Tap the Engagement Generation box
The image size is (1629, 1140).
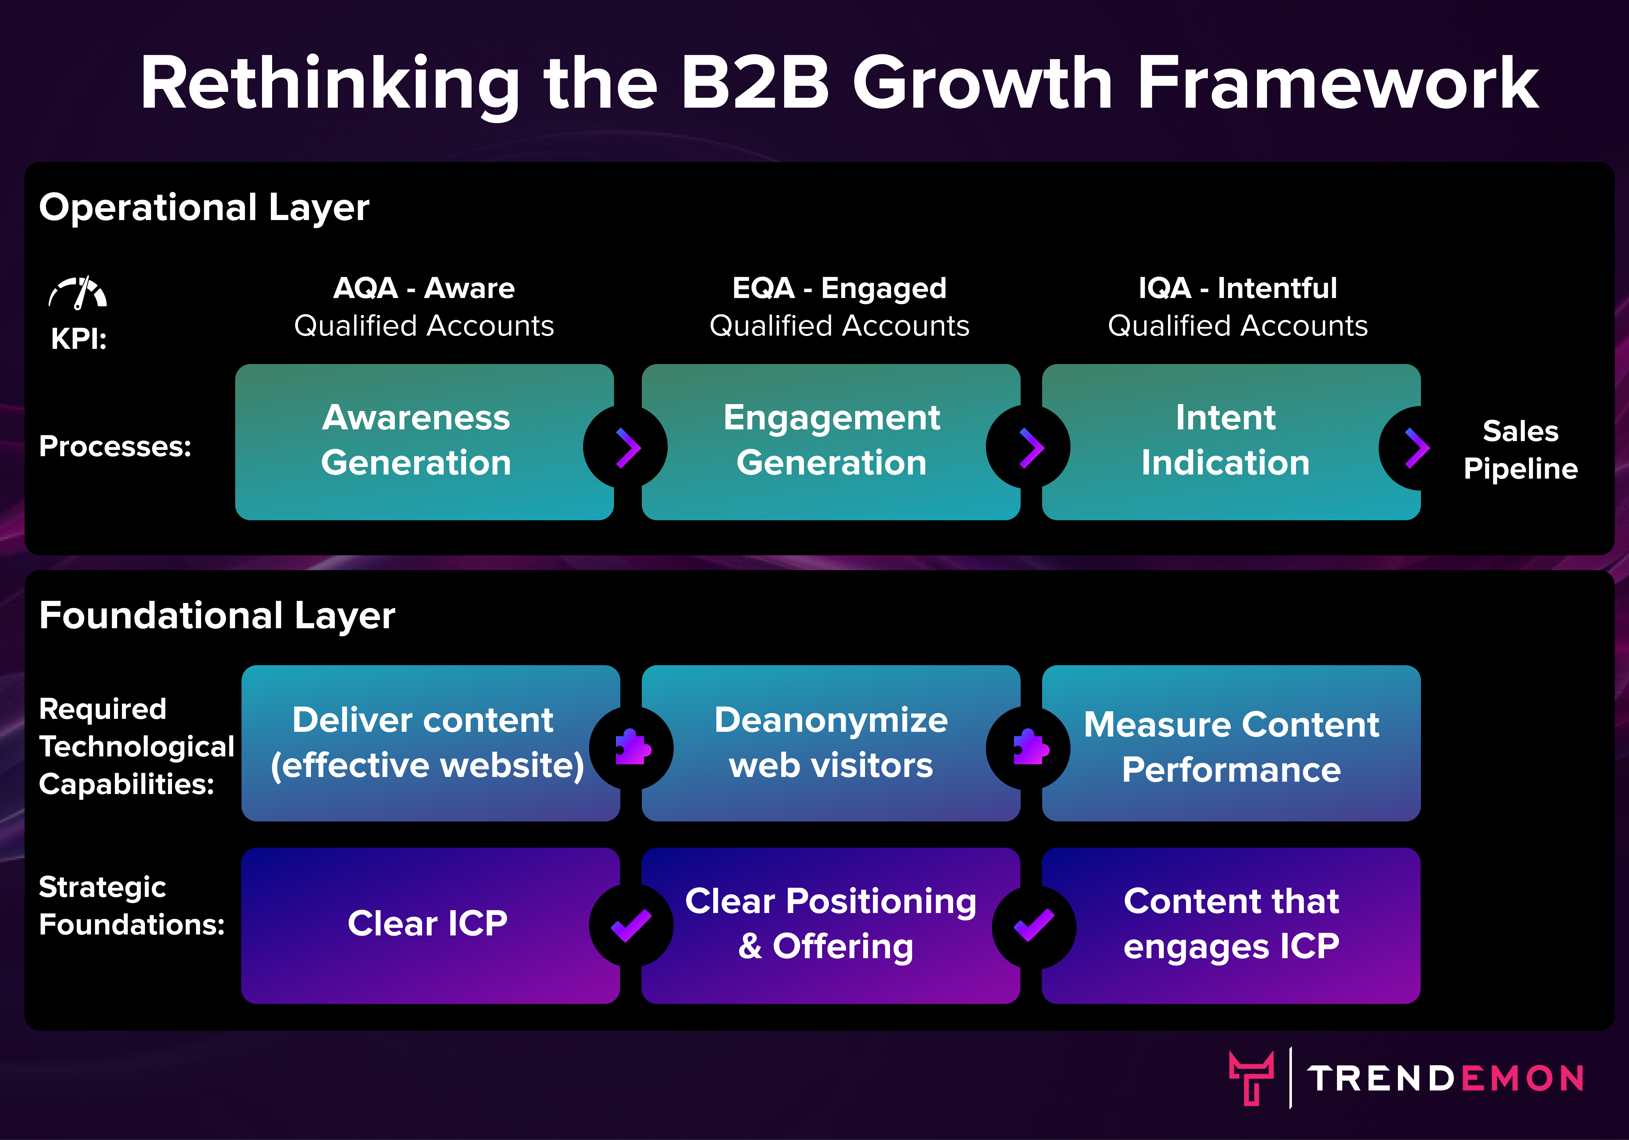tap(831, 442)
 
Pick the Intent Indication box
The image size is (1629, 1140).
tap(1231, 442)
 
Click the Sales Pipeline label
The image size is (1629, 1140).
tap(1520, 450)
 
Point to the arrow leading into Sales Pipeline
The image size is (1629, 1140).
tap(1417, 448)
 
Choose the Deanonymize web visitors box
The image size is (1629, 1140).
tap(831, 743)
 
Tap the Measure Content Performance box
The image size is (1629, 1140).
tap(1231, 743)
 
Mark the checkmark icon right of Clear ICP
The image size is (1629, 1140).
tap(631, 925)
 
